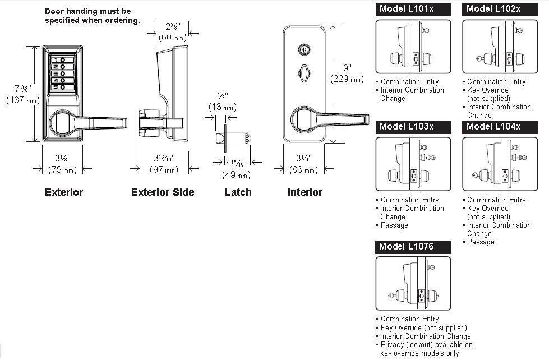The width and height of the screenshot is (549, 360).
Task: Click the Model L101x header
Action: coord(413,10)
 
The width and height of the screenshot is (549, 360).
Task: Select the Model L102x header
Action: coord(500,10)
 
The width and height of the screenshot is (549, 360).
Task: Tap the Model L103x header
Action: coord(413,127)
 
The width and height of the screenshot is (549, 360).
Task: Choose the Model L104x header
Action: coord(500,127)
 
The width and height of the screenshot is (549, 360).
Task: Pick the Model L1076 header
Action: coord(413,247)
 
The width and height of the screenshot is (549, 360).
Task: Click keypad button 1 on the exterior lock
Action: coord(62,60)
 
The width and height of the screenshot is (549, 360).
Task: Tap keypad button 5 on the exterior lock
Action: coord(62,87)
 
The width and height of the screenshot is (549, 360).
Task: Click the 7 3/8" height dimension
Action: coord(23,89)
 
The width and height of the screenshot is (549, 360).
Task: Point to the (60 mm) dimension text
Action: coord(173,37)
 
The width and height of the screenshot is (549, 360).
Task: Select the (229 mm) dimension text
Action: coord(347,79)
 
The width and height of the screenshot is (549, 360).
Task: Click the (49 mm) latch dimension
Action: coord(236,174)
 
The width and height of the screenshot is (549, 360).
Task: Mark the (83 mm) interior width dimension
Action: coord(303,170)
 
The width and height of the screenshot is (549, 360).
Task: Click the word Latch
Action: coord(238,192)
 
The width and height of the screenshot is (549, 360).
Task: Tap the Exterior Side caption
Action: coord(163,192)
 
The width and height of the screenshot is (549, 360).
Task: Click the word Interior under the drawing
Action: coord(305,192)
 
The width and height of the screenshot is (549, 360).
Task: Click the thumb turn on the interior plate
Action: coord(303,73)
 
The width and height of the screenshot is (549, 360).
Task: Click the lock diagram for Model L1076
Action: coord(413,283)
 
